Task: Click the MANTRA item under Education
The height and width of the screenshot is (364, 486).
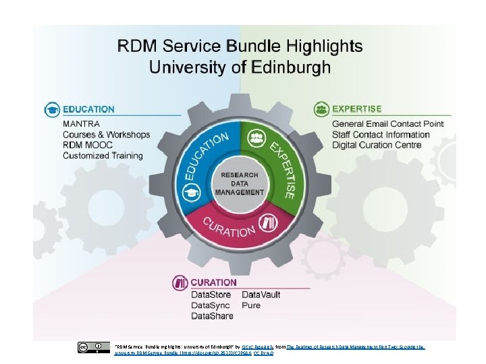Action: [81, 124]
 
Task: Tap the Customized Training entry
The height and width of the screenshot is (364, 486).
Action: [103, 156]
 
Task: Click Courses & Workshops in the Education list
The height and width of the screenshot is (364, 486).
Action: [106, 135]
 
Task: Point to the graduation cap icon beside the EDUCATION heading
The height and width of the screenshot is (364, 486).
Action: [52, 109]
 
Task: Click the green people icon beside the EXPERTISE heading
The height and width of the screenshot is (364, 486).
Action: [321, 109]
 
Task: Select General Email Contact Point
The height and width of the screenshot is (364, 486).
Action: [388, 124]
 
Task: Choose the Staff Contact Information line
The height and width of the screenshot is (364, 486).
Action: [381, 135]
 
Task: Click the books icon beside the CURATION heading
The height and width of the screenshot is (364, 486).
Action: [180, 282]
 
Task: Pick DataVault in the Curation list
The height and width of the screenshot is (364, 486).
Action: [261, 295]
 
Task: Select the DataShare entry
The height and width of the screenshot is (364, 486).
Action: [212, 315]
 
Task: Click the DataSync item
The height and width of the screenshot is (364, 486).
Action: [211, 305]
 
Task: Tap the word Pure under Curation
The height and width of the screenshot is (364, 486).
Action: [251, 305]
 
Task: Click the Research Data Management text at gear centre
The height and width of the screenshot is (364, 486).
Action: [240, 183]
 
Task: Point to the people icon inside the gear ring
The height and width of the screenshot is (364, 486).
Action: [256, 138]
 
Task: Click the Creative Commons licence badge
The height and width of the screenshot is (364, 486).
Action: [93, 347]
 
